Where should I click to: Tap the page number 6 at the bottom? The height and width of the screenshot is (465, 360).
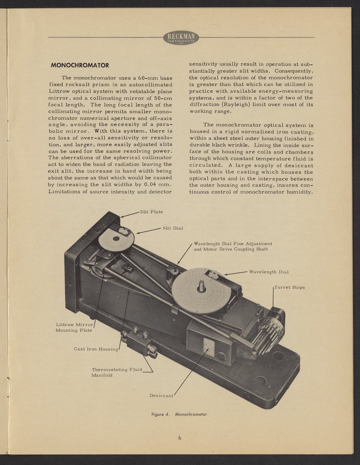(x=180, y=437)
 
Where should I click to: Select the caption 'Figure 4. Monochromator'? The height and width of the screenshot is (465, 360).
(x=179, y=414)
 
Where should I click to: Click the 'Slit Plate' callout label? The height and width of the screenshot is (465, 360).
(x=151, y=212)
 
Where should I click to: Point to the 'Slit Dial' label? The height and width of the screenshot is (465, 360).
(x=172, y=228)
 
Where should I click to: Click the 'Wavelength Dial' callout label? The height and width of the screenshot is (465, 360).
(x=269, y=272)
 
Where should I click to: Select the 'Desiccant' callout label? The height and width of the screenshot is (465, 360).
(x=161, y=396)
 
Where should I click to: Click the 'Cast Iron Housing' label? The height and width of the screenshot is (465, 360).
(x=96, y=349)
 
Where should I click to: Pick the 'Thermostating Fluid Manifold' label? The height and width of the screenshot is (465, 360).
(x=116, y=372)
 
